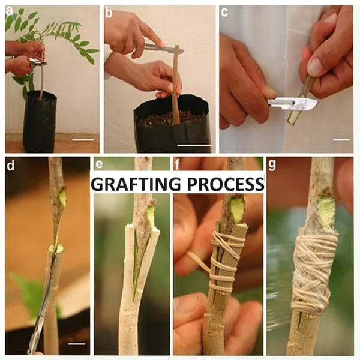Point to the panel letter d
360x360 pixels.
click(10, 164)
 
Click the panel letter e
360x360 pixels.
click(99, 164)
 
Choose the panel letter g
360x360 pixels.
click(272, 164)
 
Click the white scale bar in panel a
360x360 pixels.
click(83, 139)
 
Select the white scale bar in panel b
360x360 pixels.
click(194, 145)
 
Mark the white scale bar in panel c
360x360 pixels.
click(341, 139)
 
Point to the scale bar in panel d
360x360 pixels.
click(77, 344)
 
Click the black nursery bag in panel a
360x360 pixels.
click(40, 123)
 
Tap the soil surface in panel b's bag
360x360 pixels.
click(171, 119)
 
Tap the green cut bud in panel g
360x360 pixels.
click(326, 210)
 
